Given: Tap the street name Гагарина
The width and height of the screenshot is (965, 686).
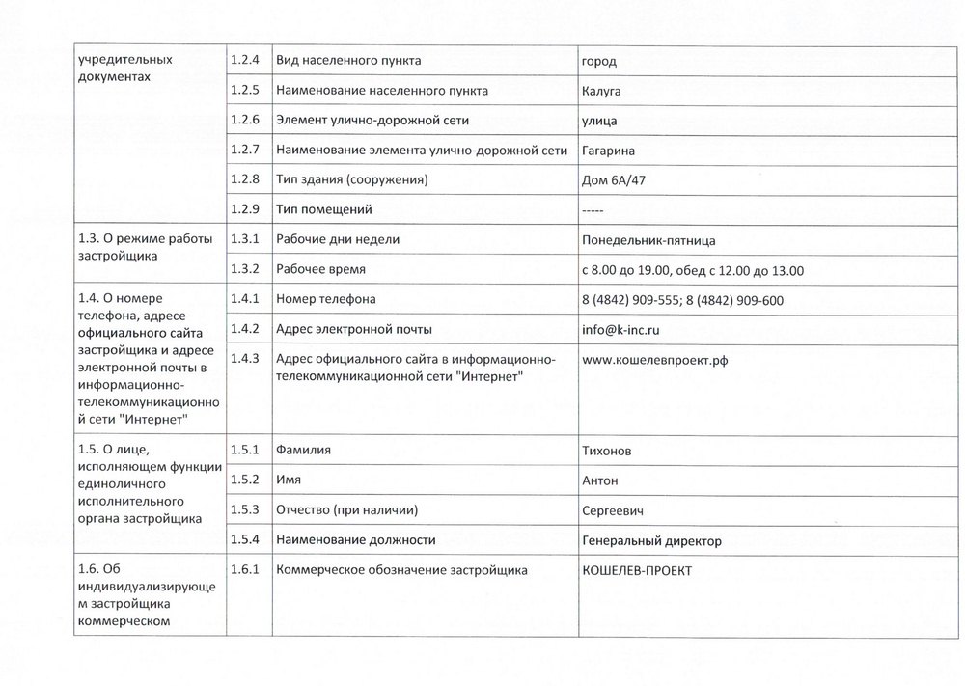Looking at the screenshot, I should pyautogui.click(x=609, y=151).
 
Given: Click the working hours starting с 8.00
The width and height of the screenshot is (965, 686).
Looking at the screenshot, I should pyautogui.click(x=693, y=270).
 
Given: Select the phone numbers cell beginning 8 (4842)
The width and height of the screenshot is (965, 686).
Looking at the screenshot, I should pyautogui.click(x=682, y=300).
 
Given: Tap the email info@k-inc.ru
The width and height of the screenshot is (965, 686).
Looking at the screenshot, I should pyautogui.click(x=620, y=330).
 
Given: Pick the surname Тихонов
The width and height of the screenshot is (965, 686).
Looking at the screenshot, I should pyautogui.click(x=610, y=450).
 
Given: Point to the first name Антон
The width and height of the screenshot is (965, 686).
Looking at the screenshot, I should pyautogui.click(x=600, y=480).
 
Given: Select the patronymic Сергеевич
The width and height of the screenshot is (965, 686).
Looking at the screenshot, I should pyautogui.click(x=613, y=509).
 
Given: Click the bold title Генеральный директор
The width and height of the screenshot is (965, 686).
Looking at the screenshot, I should pyautogui.click(x=651, y=540).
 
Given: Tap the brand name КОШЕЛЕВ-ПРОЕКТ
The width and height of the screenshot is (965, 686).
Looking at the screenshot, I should pyautogui.click(x=637, y=570).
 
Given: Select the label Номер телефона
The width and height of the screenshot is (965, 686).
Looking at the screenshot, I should pyautogui.click(x=326, y=300).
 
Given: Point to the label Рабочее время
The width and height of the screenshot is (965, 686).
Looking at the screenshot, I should pyautogui.click(x=320, y=270).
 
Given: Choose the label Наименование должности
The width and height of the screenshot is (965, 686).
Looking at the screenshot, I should pyautogui.click(x=355, y=540).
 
